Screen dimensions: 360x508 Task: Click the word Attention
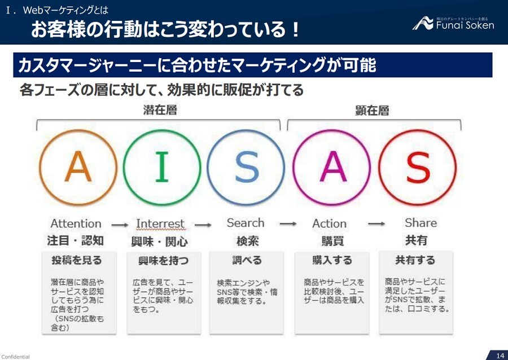coord(76,224)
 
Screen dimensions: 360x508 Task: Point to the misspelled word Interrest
coord(160,224)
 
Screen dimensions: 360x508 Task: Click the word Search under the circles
coord(246,223)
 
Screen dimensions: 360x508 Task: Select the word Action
coord(330,224)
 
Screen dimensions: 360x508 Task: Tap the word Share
coord(421,223)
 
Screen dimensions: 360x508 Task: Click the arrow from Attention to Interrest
coord(119,225)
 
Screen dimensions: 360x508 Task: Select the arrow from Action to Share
coord(376,224)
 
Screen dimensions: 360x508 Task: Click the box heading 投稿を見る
coord(77,260)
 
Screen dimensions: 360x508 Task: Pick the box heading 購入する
coord(332,260)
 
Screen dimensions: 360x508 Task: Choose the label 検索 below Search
coord(247,241)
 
